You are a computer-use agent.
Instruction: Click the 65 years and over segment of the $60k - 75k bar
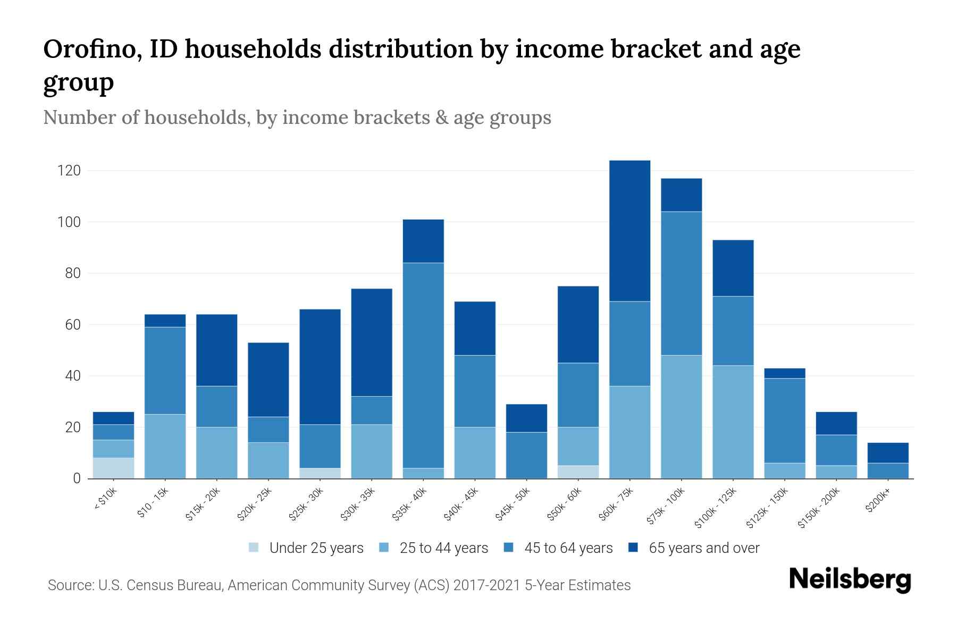tap(629, 231)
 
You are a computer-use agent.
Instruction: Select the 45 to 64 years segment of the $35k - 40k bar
tap(423, 365)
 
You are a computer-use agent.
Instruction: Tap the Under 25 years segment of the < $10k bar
tap(113, 468)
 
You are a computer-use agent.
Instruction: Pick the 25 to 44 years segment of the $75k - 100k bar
tap(681, 417)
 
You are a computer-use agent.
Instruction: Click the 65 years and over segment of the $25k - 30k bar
tap(320, 367)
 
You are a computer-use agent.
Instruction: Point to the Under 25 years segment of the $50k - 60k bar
tap(578, 472)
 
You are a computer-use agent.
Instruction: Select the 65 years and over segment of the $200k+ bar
tap(888, 452)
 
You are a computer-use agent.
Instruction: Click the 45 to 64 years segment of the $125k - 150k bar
tap(784, 421)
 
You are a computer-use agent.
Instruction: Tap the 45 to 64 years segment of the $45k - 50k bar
tap(526, 455)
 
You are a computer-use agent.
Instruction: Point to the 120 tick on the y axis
tap(69, 171)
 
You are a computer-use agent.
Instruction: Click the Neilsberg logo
tap(850, 579)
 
